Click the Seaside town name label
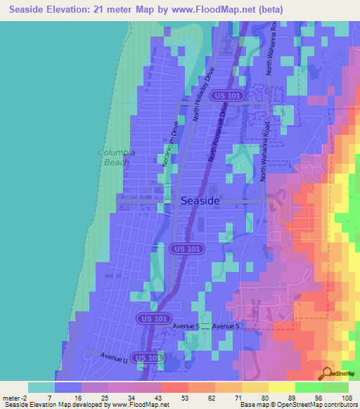[200, 201]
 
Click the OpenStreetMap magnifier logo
[328, 373]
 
